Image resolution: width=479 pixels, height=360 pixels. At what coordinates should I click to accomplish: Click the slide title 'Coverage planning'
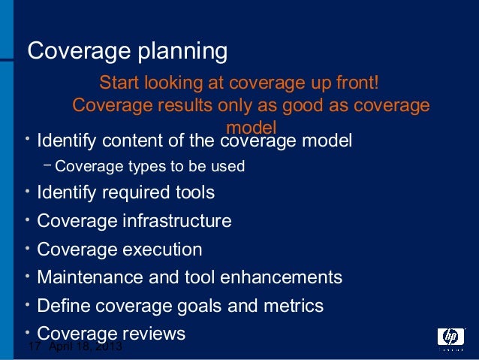(x=127, y=51)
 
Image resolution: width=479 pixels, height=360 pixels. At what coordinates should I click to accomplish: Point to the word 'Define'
(x=63, y=306)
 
